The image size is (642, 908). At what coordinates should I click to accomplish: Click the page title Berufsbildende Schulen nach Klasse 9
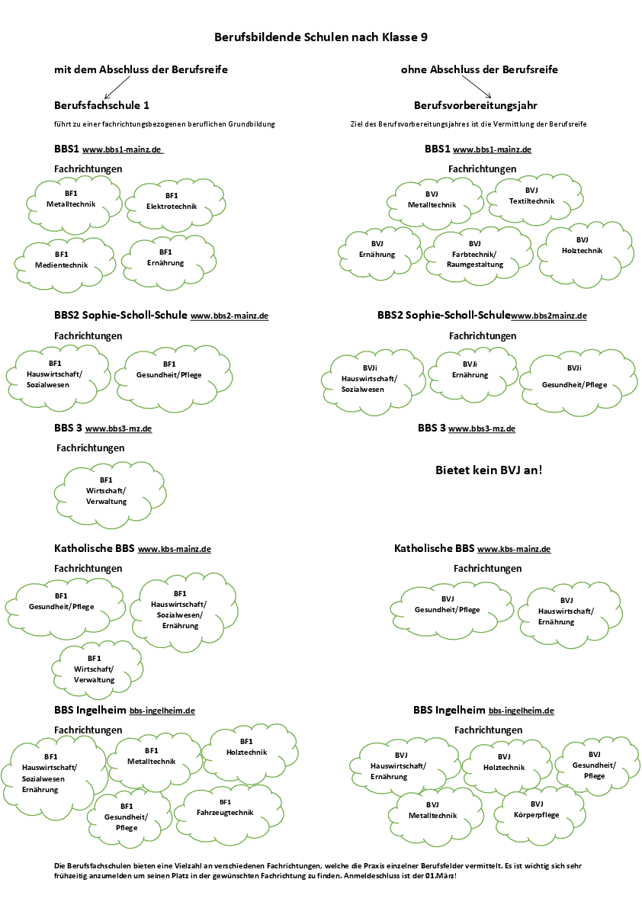pyautogui.click(x=326, y=37)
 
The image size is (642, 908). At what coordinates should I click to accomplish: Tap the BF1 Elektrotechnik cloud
pyautogui.click(x=172, y=201)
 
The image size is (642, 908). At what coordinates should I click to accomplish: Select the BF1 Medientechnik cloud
pyautogui.click(x=62, y=260)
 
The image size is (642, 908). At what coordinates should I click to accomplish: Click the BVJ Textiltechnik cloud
pyautogui.click(x=531, y=196)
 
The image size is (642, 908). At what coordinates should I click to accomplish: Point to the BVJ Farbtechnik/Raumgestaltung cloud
pyautogui.click(x=475, y=255)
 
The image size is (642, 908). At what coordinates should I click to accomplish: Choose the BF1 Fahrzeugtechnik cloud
pyautogui.click(x=225, y=808)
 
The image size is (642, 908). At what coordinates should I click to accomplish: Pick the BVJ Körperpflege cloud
pyautogui.click(x=537, y=810)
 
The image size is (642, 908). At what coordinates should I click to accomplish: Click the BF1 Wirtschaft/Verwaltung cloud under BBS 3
pyautogui.click(x=106, y=491)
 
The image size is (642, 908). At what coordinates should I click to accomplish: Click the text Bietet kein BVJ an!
pyautogui.click(x=489, y=470)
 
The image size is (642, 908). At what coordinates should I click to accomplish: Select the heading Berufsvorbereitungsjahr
pyautogui.click(x=476, y=104)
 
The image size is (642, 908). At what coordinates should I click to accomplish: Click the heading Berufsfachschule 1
pyautogui.click(x=107, y=104)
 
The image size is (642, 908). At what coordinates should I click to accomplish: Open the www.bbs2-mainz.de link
pyautogui.click(x=229, y=316)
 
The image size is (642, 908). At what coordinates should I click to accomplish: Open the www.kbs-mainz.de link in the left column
pyautogui.click(x=174, y=549)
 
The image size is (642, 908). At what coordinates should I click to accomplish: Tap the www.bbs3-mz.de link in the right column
pyautogui.click(x=481, y=429)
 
